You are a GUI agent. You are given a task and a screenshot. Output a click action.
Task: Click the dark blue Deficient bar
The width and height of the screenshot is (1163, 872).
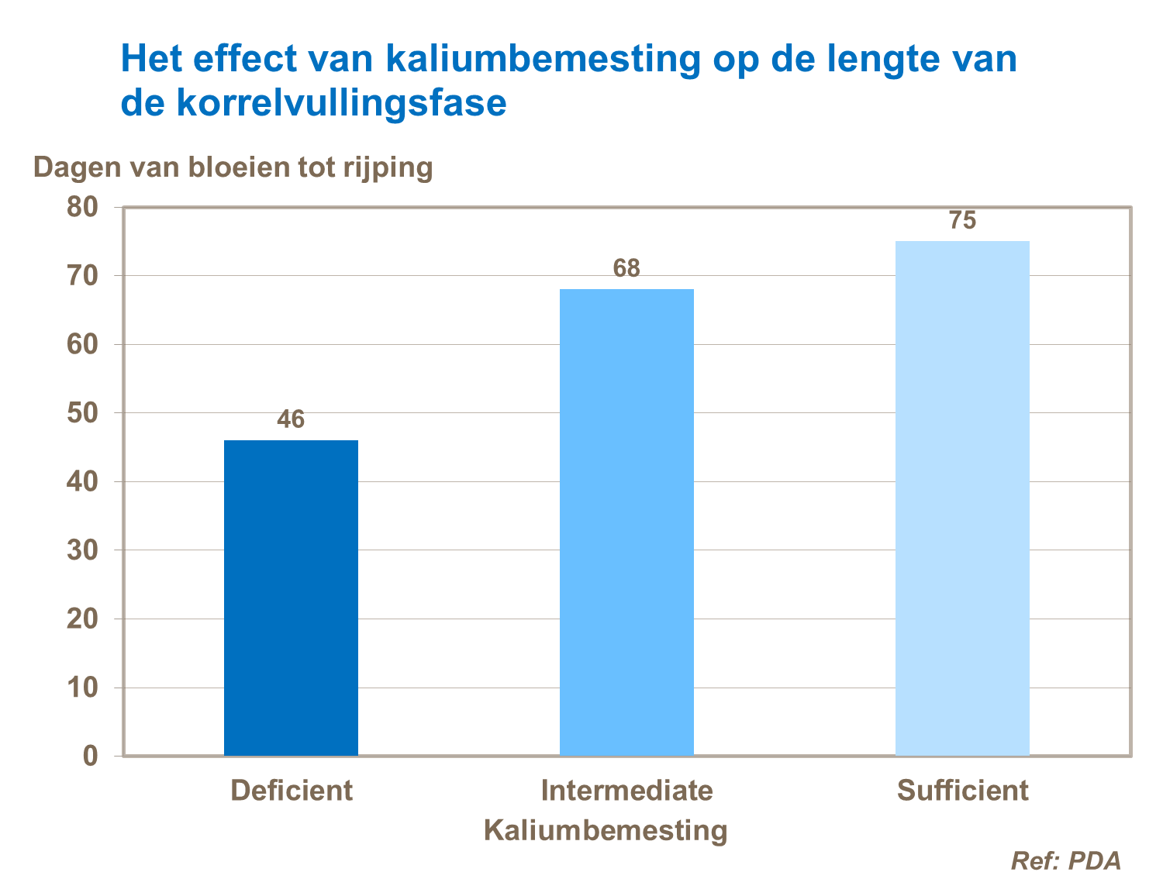(x=291, y=597)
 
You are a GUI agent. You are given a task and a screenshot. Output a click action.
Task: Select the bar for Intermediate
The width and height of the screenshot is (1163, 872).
(x=626, y=522)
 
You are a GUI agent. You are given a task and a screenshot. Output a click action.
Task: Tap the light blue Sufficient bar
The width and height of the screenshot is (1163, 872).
(x=962, y=498)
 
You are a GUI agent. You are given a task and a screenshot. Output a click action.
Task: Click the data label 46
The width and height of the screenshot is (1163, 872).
(x=291, y=420)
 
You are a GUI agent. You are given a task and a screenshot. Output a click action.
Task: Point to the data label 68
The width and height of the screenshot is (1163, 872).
(x=626, y=269)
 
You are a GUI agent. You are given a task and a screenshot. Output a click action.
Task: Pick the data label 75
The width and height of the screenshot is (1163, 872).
(x=962, y=221)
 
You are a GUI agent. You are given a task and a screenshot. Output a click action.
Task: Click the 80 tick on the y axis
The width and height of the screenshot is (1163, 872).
(x=82, y=208)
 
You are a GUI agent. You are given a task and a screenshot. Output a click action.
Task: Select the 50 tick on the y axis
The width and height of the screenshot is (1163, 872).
(x=82, y=413)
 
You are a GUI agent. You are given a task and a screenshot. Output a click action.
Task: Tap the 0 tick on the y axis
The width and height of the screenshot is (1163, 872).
(x=90, y=757)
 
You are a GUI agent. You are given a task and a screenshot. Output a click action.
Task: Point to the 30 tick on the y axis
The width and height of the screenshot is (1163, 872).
(x=82, y=550)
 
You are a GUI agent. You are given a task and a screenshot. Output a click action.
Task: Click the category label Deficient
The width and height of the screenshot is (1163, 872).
(x=291, y=791)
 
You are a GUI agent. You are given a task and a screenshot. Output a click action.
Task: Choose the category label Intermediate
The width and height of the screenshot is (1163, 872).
(x=626, y=791)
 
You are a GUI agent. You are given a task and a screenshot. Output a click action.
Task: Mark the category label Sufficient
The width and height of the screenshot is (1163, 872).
(x=962, y=791)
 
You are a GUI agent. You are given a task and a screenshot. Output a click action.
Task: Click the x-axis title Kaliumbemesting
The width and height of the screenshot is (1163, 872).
(x=606, y=830)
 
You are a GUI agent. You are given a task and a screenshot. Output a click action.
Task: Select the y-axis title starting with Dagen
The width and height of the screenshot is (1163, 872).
(x=233, y=167)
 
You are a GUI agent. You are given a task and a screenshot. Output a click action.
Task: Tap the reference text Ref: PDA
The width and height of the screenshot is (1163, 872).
(x=1066, y=860)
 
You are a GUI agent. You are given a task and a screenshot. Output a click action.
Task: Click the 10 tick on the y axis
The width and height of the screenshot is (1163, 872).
(x=82, y=688)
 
